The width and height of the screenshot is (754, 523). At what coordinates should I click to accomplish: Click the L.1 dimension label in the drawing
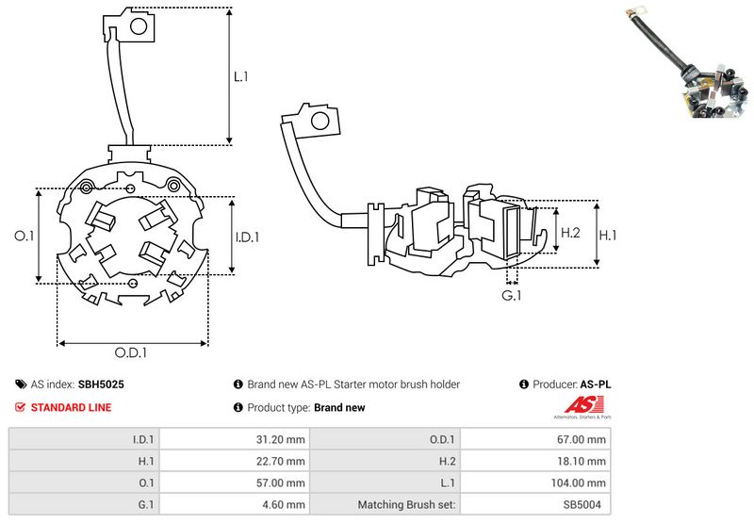click(241, 76)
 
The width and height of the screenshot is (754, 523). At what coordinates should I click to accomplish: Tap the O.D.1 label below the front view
click(131, 353)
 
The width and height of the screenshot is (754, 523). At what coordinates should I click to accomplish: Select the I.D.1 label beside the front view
click(246, 237)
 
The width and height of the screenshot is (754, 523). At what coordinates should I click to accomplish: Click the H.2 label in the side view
click(569, 233)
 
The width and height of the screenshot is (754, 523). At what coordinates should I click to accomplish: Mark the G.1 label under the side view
click(512, 297)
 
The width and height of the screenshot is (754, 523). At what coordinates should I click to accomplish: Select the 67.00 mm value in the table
click(583, 439)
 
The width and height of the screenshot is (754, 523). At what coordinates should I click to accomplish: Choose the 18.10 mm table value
click(583, 461)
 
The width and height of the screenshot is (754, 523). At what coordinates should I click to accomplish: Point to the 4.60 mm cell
click(283, 504)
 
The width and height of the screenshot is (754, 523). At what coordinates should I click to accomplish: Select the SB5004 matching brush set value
click(585, 504)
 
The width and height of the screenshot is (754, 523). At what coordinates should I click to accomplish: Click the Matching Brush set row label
click(406, 504)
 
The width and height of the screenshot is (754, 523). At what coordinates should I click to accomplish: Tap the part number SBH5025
click(101, 384)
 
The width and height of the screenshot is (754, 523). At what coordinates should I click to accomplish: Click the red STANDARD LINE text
click(72, 407)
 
